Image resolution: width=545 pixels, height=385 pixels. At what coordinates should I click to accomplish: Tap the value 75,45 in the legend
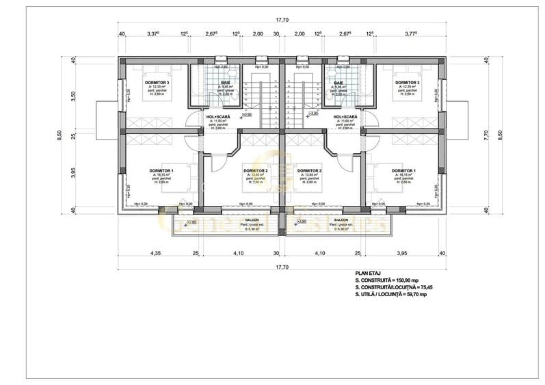(x=425, y=288)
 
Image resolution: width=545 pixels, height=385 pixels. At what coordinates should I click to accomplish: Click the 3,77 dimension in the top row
(x=412, y=33)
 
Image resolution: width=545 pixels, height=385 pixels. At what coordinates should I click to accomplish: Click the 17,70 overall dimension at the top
(x=280, y=21)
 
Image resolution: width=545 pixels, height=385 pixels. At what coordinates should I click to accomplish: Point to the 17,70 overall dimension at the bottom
(x=280, y=267)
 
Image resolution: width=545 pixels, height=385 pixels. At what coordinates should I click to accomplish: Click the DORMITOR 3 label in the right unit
(x=407, y=82)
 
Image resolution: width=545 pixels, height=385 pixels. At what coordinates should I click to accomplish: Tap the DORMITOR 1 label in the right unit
(x=402, y=170)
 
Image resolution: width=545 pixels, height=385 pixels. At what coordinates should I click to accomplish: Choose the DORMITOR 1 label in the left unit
(x=161, y=170)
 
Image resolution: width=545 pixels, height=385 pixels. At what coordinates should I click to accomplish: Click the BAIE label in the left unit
(x=225, y=83)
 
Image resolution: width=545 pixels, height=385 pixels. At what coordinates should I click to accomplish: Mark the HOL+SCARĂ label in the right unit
(x=345, y=117)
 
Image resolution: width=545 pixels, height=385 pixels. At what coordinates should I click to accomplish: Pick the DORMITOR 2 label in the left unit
(x=254, y=170)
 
